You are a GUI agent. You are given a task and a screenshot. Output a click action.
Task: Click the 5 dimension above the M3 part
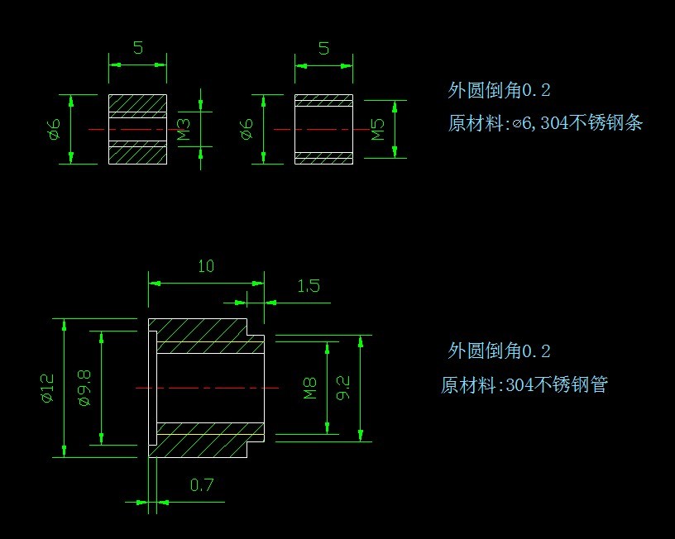[137, 48]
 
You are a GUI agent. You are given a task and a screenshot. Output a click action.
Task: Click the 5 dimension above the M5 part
[323, 48]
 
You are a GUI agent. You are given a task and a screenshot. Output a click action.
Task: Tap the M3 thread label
[184, 129]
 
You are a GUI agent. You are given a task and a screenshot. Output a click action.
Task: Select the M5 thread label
[378, 129]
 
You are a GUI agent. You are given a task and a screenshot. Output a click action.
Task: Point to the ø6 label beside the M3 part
[55, 129]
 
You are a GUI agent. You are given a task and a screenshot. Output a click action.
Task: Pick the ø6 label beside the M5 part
[247, 129]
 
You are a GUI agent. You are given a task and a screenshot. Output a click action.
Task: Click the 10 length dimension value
[206, 266]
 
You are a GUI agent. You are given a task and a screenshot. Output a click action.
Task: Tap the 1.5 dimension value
[308, 287]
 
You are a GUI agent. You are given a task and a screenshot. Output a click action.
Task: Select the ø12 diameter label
[47, 388]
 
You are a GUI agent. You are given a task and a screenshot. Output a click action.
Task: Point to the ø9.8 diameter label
[84, 388]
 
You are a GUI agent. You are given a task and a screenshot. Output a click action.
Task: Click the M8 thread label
[310, 388]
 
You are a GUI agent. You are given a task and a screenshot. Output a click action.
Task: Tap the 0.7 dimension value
[202, 485]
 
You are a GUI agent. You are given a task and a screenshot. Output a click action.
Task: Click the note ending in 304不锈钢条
[545, 123]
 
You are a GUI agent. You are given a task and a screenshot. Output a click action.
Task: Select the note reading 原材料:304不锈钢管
[524, 384]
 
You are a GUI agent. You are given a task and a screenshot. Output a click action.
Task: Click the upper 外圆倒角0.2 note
[499, 91]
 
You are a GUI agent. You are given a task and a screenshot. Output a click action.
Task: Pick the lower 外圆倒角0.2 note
[499, 351]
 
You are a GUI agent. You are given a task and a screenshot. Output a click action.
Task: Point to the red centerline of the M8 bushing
[207, 387]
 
